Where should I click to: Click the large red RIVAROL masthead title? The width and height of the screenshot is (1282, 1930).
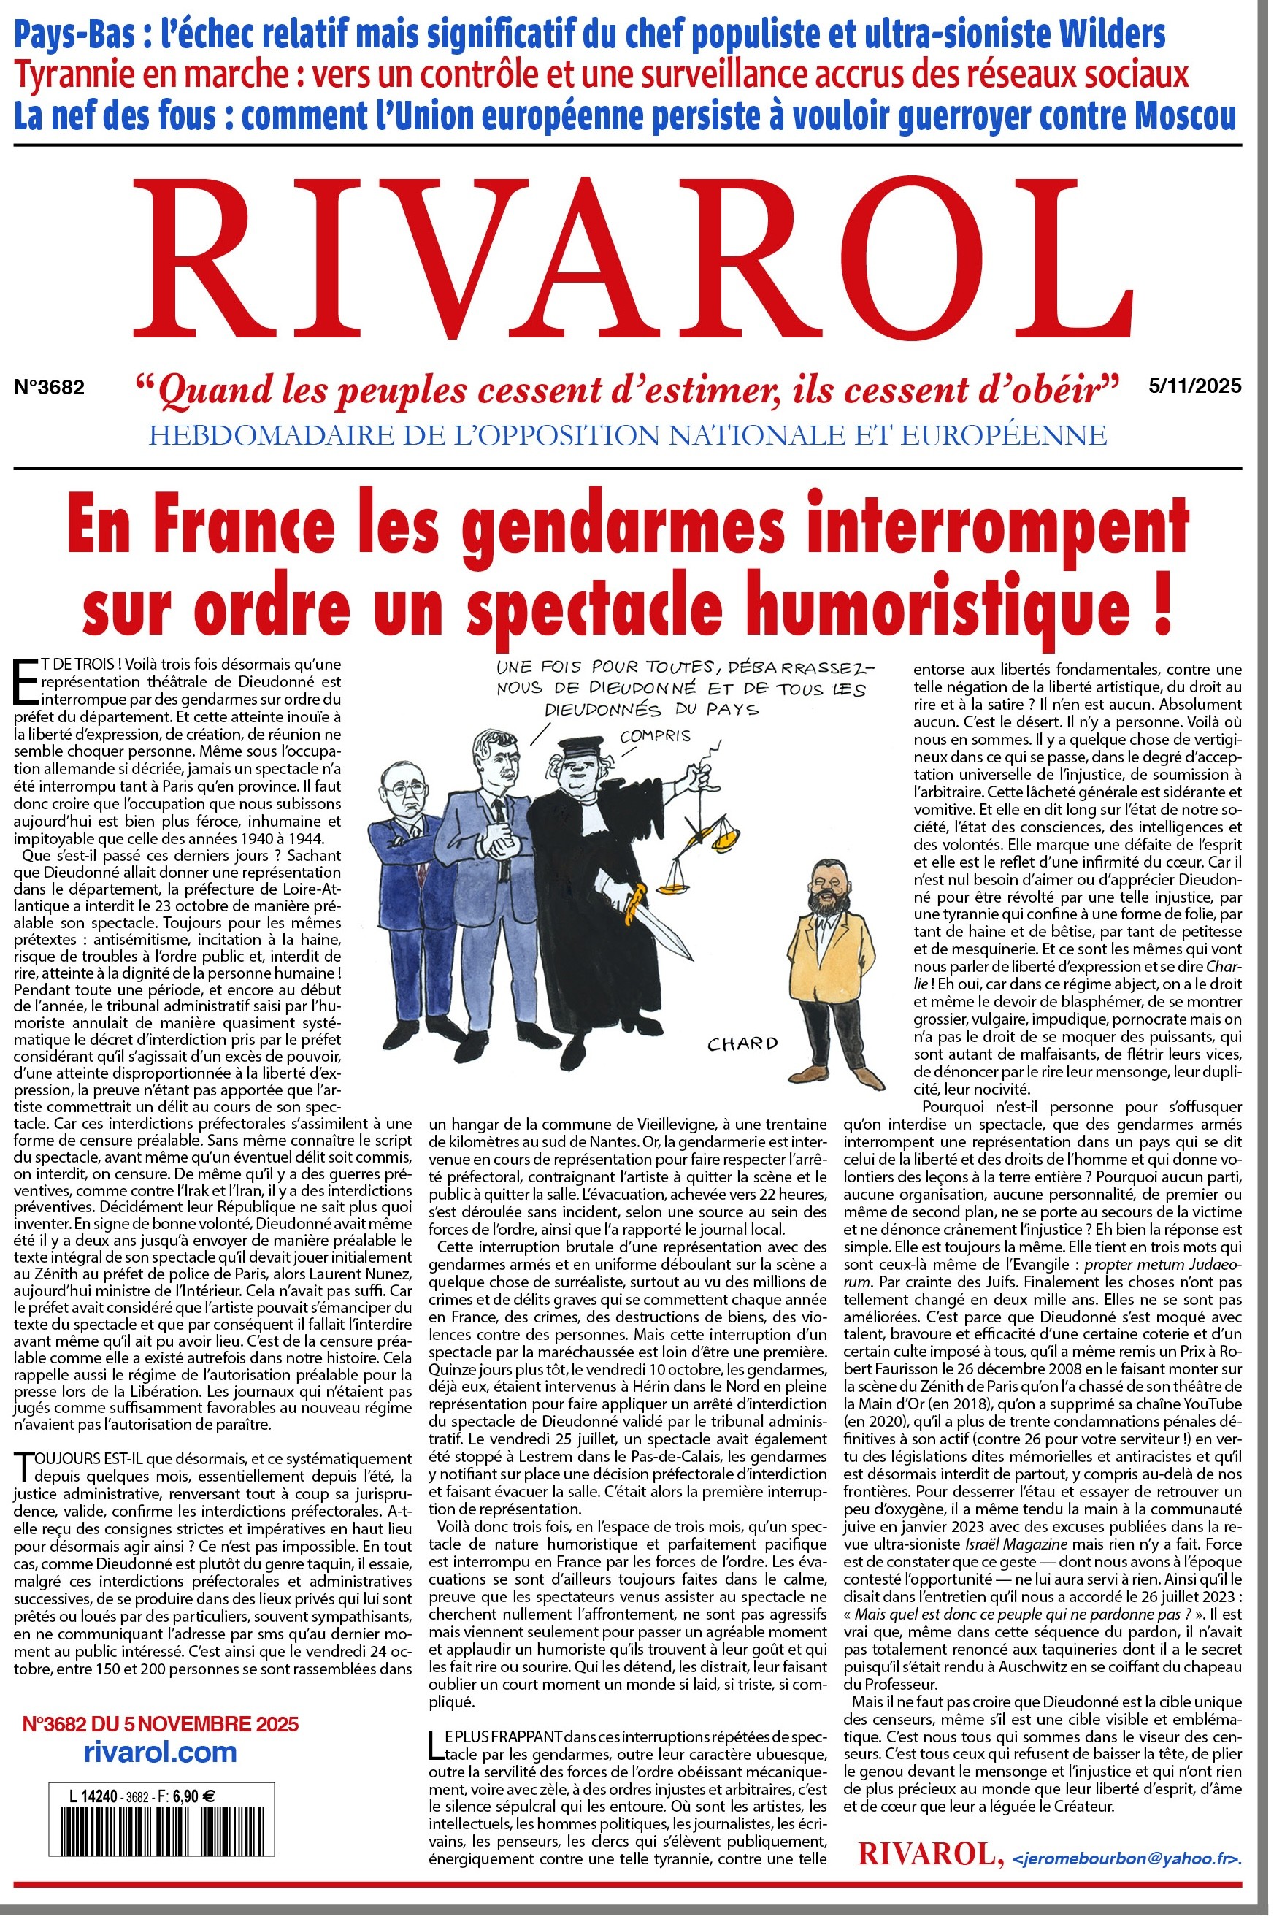click(x=629, y=260)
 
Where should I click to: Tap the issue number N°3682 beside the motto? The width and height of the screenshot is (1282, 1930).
click(x=49, y=388)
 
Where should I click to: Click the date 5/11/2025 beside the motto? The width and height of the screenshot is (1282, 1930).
click(x=1194, y=386)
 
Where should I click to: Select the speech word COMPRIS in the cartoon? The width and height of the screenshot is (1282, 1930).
click(x=655, y=736)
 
